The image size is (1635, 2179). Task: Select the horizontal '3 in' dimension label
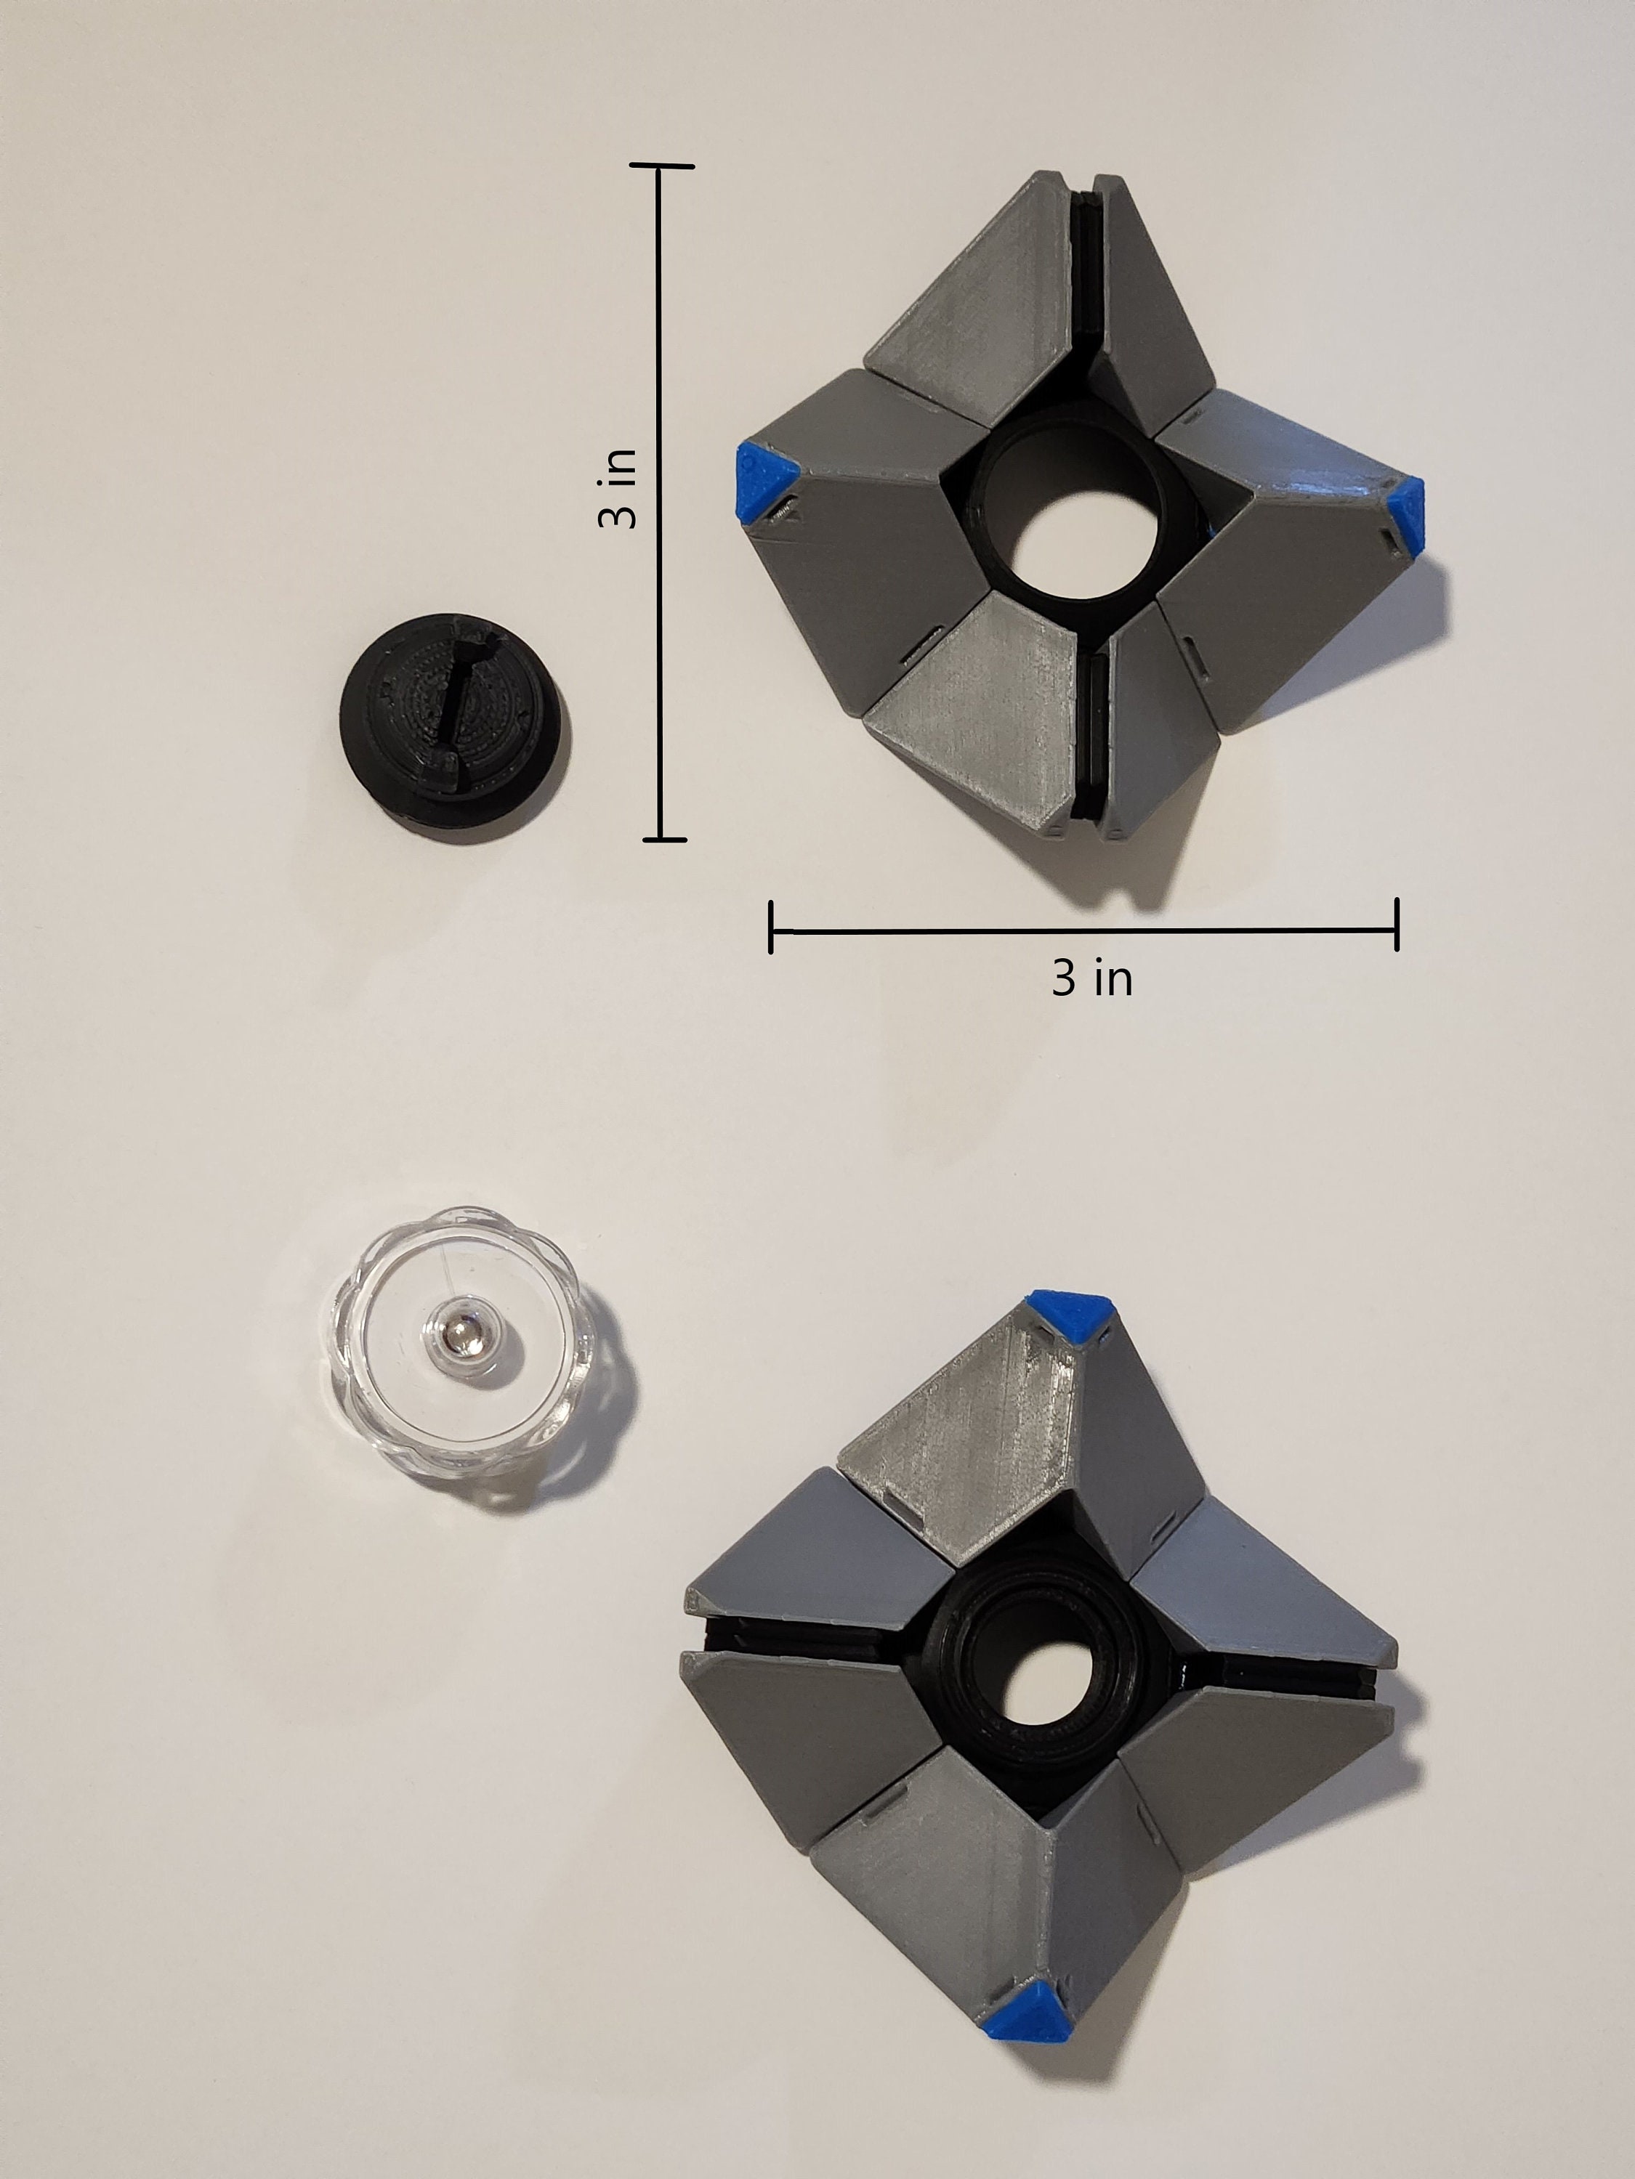click(x=1092, y=978)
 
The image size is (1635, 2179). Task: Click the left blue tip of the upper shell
click(x=763, y=483)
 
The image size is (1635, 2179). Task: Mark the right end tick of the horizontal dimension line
click(x=1395, y=925)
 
